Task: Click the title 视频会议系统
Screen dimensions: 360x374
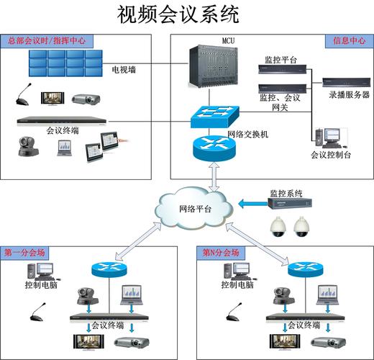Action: coord(177,14)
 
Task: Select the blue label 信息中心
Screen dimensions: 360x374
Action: coord(347,41)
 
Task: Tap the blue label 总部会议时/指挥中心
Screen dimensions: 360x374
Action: coord(46,41)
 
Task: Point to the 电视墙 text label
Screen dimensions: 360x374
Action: coord(124,71)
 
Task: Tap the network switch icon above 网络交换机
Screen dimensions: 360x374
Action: coord(212,115)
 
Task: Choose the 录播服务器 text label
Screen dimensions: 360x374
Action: coord(349,94)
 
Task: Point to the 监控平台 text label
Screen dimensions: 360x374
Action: coord(279,60)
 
